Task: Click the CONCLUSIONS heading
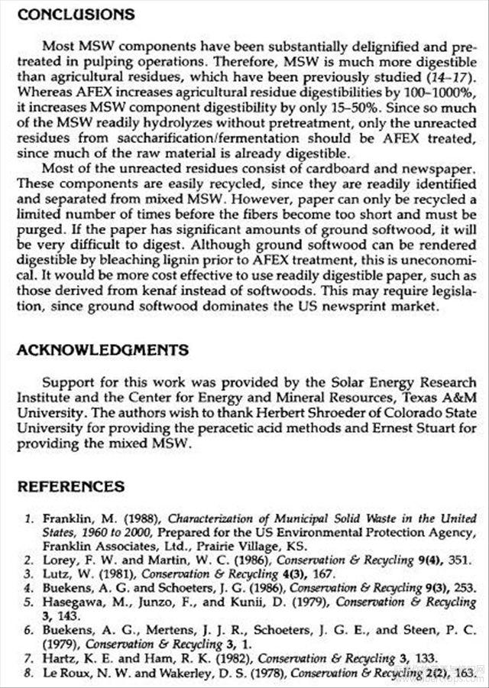[76, 15]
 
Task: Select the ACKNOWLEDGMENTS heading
[103, 350]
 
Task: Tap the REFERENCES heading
[71, 486]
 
